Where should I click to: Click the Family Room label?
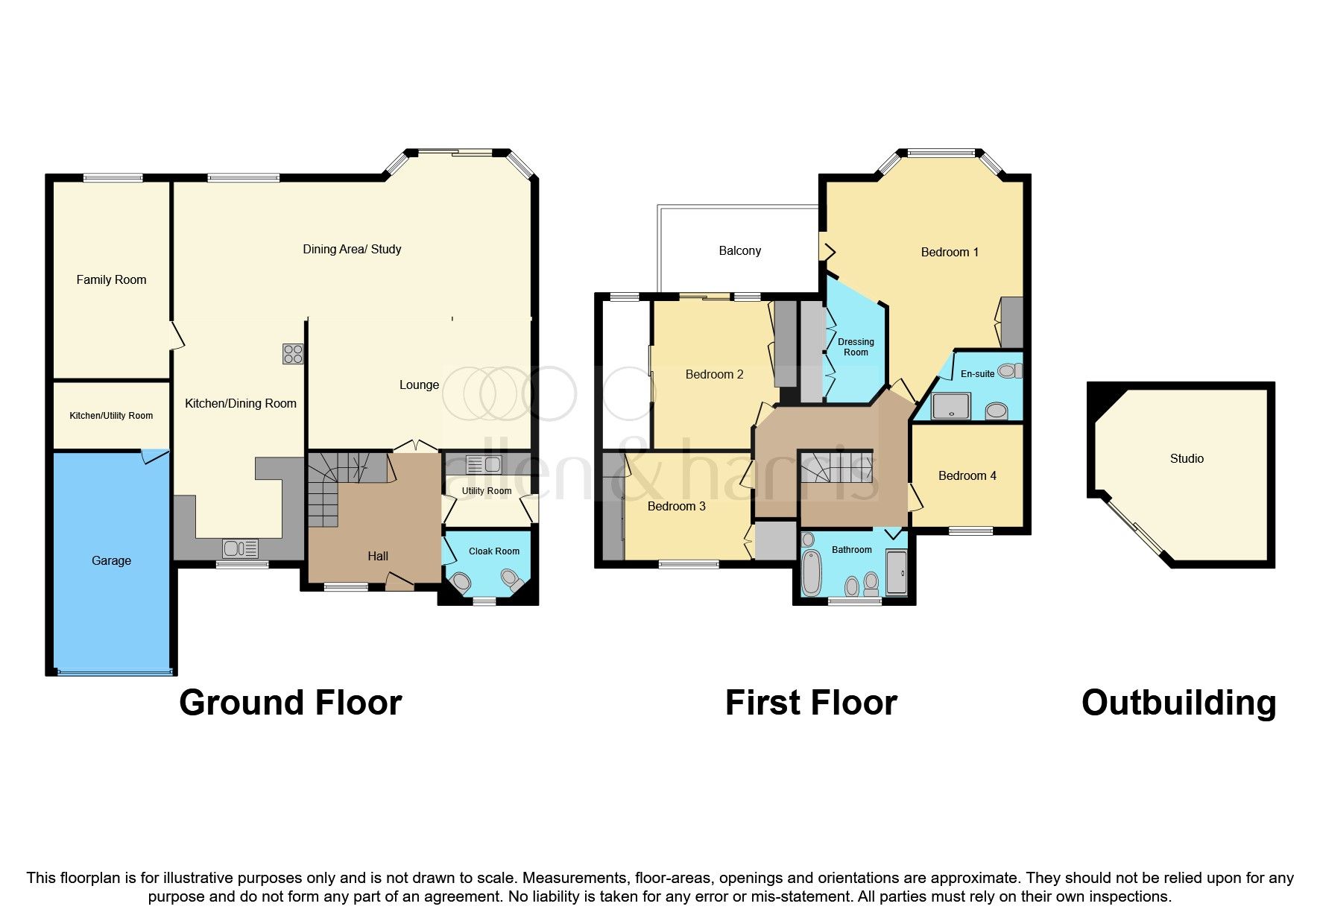coord(111,280)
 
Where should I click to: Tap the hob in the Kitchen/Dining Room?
coord(293,354)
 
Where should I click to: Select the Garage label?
coord(111,561)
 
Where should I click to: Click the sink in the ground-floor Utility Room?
coord(483,465)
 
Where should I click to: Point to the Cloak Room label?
coord(494,551)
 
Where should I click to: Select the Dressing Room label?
coord(856,347)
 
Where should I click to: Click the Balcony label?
coord(739,251)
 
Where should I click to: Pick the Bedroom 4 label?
coord(967,476)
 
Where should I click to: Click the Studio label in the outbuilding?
coord(1187,459)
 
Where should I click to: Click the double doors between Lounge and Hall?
coord(415,446)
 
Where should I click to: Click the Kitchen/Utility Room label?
coord(111,416)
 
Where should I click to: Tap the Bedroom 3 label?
coord(676,507)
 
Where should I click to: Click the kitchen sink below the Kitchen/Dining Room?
coord(240,549)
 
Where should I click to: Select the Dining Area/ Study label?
coord(352,250)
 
